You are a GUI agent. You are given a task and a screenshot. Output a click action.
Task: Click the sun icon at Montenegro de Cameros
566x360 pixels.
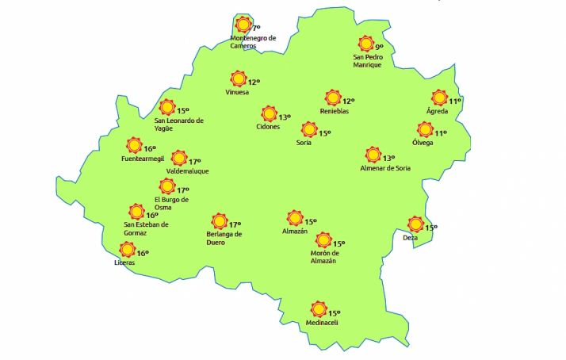(243, 25)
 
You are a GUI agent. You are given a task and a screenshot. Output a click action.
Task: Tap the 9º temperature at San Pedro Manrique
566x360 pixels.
(379, 48)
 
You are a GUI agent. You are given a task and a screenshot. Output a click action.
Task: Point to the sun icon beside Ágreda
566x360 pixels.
(439, 98)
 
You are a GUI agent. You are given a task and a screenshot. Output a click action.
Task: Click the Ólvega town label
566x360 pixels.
(423, 143)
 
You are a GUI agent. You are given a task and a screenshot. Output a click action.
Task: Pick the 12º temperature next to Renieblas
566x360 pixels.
(348, 101)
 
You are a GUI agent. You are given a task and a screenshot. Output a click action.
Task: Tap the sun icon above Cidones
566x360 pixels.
(270, 114)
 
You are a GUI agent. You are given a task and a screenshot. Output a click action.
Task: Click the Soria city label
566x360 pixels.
(304, 143)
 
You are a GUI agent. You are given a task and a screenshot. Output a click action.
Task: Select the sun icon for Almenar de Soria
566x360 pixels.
(373, 155)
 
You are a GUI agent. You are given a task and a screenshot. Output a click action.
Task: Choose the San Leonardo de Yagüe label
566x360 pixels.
(179, 124)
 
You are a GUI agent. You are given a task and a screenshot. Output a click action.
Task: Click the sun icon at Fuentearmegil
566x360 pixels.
(134, 146)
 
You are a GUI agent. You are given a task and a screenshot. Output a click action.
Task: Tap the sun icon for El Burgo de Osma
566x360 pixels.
(166, 187)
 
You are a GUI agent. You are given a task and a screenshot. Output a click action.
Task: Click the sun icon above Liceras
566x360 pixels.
(126, 250)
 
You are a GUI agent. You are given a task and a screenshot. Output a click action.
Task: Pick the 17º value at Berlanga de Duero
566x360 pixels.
(235, 224)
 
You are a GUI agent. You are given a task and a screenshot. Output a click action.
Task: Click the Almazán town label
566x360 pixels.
(294, 232)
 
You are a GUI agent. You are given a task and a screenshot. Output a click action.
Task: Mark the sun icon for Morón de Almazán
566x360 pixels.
(323, 240)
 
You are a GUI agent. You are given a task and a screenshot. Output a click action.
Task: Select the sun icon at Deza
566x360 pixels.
(415, 224)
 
